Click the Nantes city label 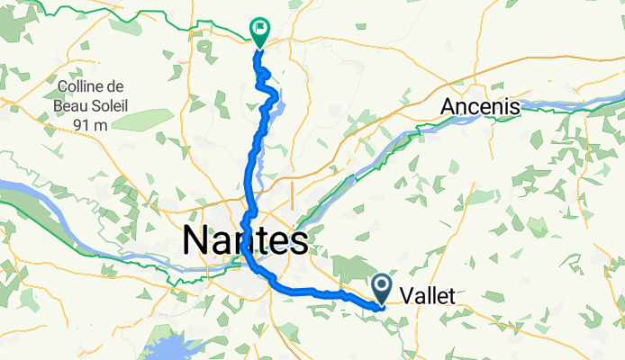tap(245, 240)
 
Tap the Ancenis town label tap(480, 107)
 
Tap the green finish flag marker tap(259, 30)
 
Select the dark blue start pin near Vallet tap(382, 288)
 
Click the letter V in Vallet tap(404, 294)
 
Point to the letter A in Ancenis tap(448, 107)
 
